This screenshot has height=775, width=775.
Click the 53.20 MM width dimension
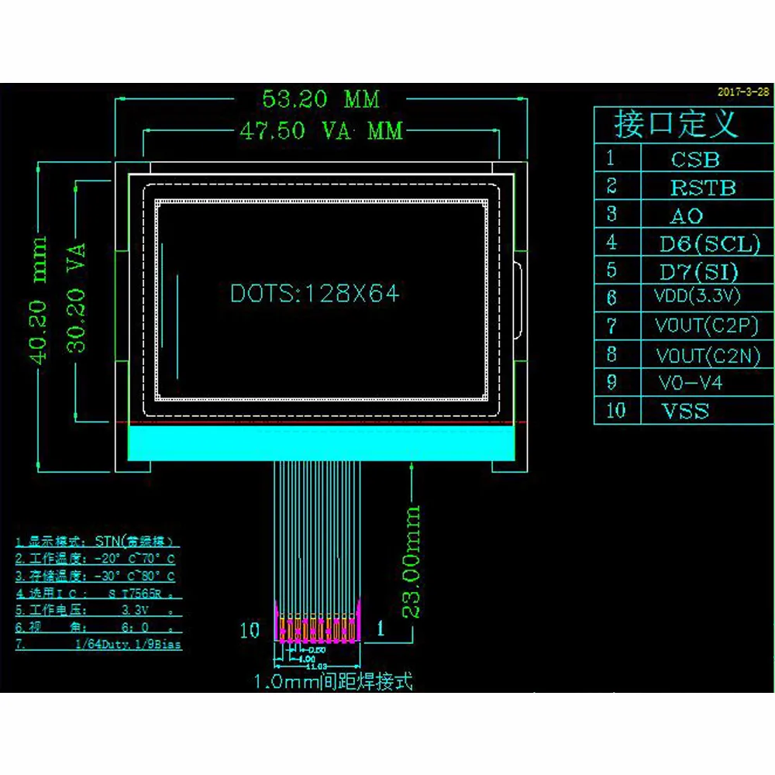pyautogui.click(x=321, y=99)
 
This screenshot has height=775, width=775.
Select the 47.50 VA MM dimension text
pyautogui.click(x=321, y=131)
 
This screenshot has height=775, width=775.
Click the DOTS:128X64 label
pyautogui.click(x=315, y=294)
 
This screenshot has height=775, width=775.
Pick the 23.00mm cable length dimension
pyautogui.click(x=412, y=561)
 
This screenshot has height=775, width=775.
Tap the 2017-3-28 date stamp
pyautogui.click(x=743, y=91)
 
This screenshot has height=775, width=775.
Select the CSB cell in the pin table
pyautogui.click(x=695, y=160)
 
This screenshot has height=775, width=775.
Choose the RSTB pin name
pyautogui.click(x=702, y=188)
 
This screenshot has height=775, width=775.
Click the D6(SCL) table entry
pyautogui.click(x=709, y=244)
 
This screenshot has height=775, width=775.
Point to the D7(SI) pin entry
pyautogui.click(x=698, y=272)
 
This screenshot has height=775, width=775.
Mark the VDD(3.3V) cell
pyautogui.click(x=697, y=296)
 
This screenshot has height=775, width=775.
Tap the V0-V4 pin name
pyautogui.click(x=690, y=382)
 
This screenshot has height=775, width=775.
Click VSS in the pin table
pyautogui.click(x=685, y=411)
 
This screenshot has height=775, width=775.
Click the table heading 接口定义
pyautogui.click(x=675, y=123)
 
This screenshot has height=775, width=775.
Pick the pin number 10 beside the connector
pyautogui.click(x=250, y=630)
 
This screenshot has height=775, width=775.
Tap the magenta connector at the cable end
pyautogui.click(x=319, y=623)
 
